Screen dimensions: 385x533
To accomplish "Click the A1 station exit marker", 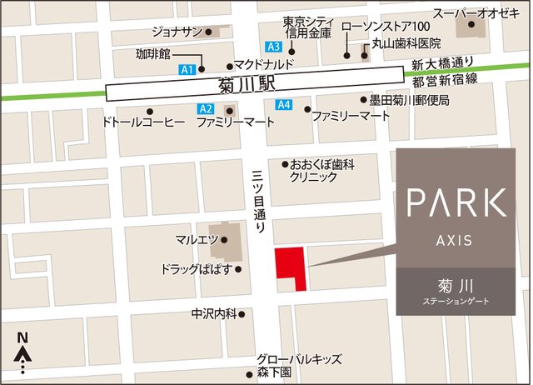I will click(x=187, y=68).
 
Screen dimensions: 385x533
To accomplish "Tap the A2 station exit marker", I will click(x=206, y=109).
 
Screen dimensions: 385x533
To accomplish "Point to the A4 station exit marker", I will click(x=284, y=104).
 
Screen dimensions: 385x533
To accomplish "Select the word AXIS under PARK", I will click(x=454, y=240).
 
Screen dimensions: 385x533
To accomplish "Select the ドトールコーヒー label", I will click(x=142, y=122).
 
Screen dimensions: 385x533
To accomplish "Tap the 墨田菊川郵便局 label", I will click(x=410, y=100).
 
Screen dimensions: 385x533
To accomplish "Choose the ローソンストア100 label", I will click(x=386, y=26).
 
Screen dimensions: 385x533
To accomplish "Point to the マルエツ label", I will click(x=197, y=240).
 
